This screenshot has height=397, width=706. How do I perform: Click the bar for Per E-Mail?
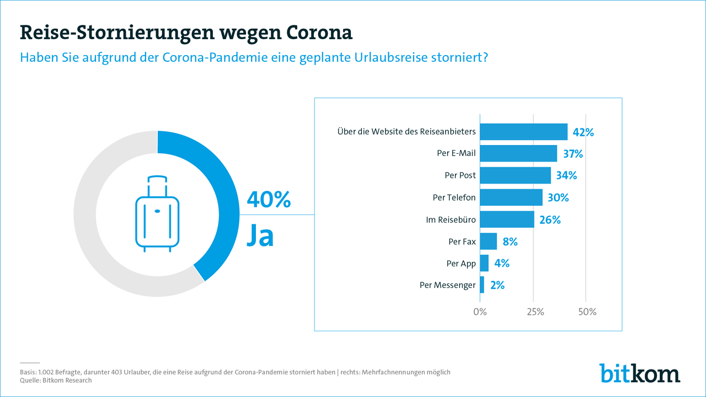(x=518, y=153)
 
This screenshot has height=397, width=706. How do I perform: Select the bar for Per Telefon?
(x=511, y=197)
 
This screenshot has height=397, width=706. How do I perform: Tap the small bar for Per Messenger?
(x=482, y=285)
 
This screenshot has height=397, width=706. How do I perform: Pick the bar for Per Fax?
(x=489, y=241)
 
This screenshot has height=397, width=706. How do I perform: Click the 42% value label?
(x=583, y=132)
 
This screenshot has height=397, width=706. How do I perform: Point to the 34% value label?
(x=566, y=175)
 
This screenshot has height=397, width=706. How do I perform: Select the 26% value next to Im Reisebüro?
(x=550, y=219)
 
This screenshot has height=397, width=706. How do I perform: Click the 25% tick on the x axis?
(x=534, y=312)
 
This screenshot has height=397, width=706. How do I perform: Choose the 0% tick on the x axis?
(x=480, y=312)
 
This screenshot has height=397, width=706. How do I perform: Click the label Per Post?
(x=460, y=175)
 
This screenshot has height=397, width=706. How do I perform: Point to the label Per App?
(x=461, y=263)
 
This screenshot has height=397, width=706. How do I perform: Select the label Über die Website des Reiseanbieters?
(x=406, y=132)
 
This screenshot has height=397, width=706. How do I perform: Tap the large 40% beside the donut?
(x=269, y=200)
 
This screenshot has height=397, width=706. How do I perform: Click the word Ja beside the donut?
(x=260, y=235)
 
